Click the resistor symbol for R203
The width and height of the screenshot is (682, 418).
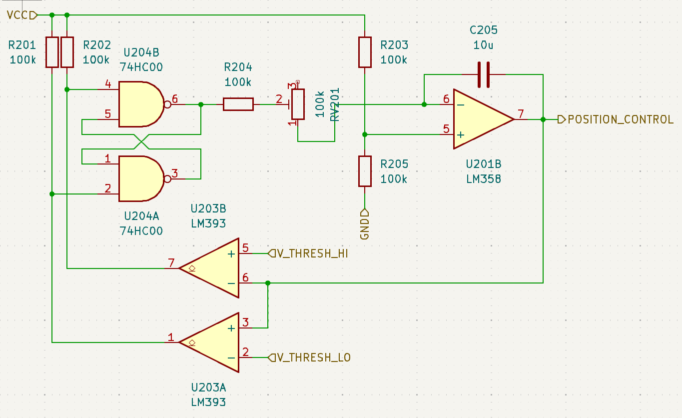pyautogui.click(x=365, y=52)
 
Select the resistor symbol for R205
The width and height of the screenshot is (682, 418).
pyautogui.click(x=365, y=171)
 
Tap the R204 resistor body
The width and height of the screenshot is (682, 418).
pyautogui.click(x=238, y=104)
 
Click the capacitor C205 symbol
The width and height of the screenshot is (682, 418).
pyautogui.click(x=483, y=74)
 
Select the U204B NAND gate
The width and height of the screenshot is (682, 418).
pyautogui.click(x=140, y=104)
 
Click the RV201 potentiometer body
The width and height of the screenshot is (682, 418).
pyautogui.click(x=298, y=104)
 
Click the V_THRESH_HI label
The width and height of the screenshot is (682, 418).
pyautogui.click(x=312, y=253)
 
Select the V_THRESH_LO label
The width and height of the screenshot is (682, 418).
pyautogui.click(x=313, y=357)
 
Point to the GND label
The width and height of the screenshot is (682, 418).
pyautogui.click(x=365, y=225)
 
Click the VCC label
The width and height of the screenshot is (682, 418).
pyautogui.click(x=18, y=15)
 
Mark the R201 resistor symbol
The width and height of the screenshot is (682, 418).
pyautogui.click(x=52, y=52)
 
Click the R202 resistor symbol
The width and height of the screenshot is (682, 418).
pyautogui.click(x=67, y=52)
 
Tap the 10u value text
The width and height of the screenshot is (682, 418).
pyautogui.click(x=483, y=45)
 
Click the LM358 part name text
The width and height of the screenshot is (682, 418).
pyautogui.click(x=483, y=178)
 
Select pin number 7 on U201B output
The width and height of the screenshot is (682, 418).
pyautogui.click(x=521, y=114)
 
